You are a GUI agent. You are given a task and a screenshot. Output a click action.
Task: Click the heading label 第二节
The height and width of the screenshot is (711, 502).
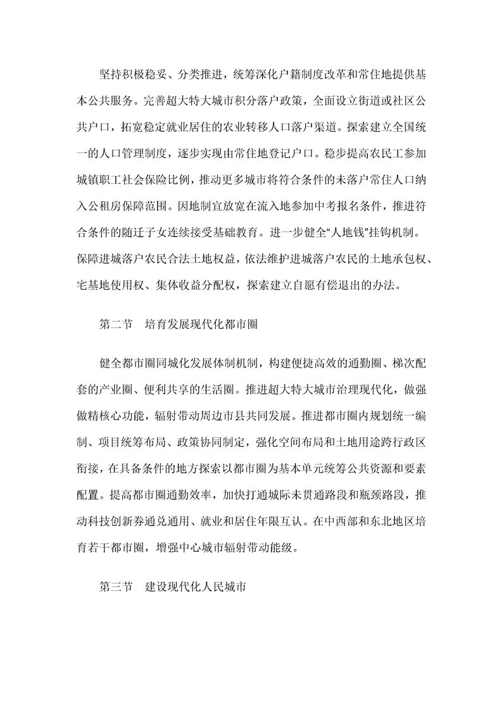pos(116,324)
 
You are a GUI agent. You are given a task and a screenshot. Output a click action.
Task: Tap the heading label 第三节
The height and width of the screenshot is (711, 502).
pos(116,587)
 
